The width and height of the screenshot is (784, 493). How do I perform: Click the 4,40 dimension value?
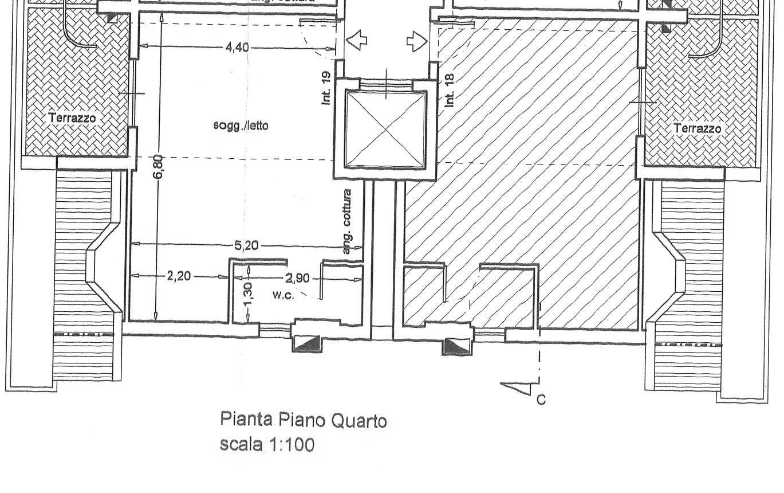click(x=237, y=47)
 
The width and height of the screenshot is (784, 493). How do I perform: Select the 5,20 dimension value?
click(x=246, y=246)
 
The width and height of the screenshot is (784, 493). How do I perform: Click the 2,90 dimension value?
click(x=297, y=279)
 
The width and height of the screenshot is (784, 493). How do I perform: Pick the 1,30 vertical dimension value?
click(x=247, y=295)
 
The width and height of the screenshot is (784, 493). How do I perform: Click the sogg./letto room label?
click(x=241, y=125)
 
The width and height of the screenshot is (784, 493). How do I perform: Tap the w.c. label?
click(x=283, y=295)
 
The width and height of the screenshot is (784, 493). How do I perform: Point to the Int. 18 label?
click(x=449, y=91)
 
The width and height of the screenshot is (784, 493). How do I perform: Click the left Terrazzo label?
click(x=72, y=118)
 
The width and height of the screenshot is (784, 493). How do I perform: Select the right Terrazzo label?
click(x=698, y=128)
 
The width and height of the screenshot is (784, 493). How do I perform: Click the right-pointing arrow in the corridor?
click(x=417, y=42)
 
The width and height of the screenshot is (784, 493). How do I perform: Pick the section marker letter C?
click(x=541, y=400)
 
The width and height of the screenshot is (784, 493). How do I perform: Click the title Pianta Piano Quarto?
click(x=304, y=420)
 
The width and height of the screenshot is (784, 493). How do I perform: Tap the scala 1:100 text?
click(x=267, y=444)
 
